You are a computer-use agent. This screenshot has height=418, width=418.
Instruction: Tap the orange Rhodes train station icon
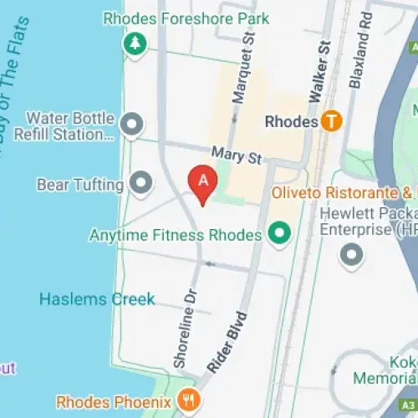(x=332, y=121)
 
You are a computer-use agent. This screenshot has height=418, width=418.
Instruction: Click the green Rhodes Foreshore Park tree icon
(x=133, y=45)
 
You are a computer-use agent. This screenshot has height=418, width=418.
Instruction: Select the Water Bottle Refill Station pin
(x=130, y=125)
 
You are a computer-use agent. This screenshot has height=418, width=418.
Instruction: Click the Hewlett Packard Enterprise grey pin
(x=350, y=253)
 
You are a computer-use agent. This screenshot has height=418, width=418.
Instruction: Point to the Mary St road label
(x=237, y=155)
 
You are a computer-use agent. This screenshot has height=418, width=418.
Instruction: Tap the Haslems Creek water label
(x=96, y=298)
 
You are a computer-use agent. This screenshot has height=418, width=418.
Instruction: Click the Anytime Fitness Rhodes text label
(x=176, y=235)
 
